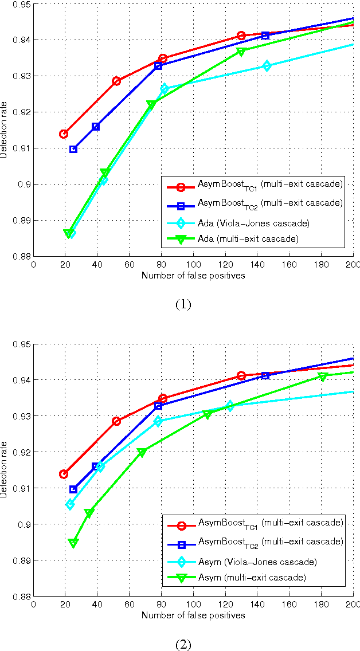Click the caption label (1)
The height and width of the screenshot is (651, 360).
click(x=182, y=304)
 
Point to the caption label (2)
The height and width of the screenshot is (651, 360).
click(x=182, y=645)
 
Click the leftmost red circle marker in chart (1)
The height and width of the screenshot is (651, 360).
click(x=64, y=134)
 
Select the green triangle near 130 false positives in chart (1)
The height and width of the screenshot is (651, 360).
click(x=241, y=52)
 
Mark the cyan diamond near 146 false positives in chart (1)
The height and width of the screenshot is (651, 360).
click(x=266, y=66)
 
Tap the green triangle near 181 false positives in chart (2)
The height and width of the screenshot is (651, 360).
click(x=323, y=377)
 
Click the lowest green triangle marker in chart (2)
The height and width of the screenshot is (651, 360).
click(x=73, y=543)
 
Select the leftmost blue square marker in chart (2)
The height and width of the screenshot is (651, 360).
click(x=73, y=489)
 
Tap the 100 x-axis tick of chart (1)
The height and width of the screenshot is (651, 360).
click(x=193, y=265)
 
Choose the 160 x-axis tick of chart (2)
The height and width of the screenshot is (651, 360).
click(x=289, y=605)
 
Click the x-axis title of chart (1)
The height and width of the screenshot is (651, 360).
click(x=193, y=276)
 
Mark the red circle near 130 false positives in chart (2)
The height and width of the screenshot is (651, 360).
click(x=241, y=375)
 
